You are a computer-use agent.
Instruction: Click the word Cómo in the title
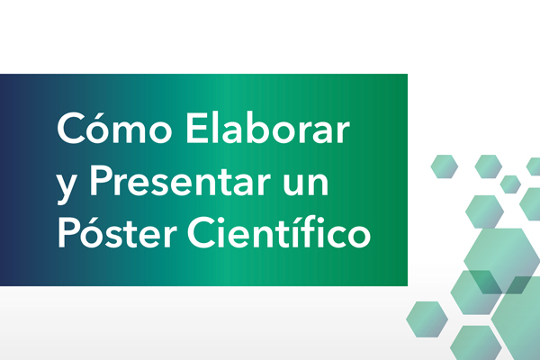pyautogui.click(x=114, y=127)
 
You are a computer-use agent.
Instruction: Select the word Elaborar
pyautogui.click(x=268, y=127)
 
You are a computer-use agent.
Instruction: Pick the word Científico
pyautogui.click(x=279, y=230)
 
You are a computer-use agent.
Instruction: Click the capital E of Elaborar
pyautogui.click(x=196, y=128)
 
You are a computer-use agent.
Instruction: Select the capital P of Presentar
pyautogui.click(x=101, y=180)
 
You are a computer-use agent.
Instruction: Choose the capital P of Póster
pyautogui.click(x=68, y=232)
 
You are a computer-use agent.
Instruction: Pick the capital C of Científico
pyautogui.click(x=201, y=232)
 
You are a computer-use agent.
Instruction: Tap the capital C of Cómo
pyautogui.click(x=71, y=128)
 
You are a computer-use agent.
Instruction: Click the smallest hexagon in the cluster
pyautogui.click(x=510, y=184)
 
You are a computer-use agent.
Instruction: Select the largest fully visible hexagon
pyautogui.click(x=502, y=261)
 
